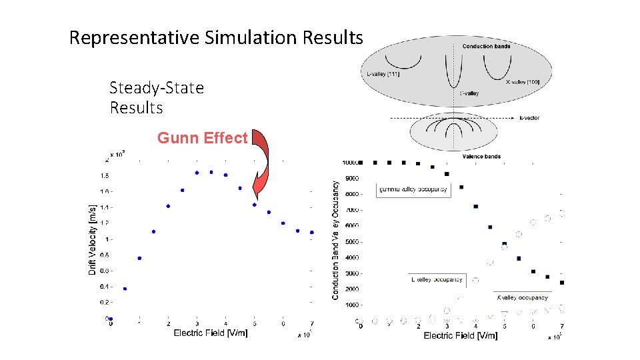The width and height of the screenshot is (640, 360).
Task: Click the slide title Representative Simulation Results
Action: coord(216,37)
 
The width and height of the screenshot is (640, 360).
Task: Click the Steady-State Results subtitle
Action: coord(157,97)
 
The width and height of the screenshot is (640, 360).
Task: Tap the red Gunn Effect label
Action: coord(202,138)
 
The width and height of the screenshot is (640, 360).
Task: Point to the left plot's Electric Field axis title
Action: coord(210,333)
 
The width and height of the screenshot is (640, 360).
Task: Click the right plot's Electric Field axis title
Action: coord(460,335)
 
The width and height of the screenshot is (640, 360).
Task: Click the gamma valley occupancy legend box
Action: coord(413,189)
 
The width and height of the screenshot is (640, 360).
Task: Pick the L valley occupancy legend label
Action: coord(437,280)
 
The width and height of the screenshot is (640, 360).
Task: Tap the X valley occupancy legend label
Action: coord(522,297)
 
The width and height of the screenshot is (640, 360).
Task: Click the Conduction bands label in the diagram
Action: coord(487,46)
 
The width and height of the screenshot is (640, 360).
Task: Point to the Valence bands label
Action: coord(481,157)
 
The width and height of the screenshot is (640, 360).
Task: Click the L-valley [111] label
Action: coord(383,74)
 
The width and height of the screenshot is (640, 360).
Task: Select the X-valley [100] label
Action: coord(523,81)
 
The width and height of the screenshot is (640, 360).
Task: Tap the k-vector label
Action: coord(529,118)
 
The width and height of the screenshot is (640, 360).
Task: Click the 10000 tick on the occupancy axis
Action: coord(350,162)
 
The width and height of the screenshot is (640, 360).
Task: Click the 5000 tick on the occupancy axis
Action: coord(351,242)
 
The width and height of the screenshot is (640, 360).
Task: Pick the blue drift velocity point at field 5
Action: coord(255,205)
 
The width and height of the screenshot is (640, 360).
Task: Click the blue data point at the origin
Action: coord(111,319)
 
